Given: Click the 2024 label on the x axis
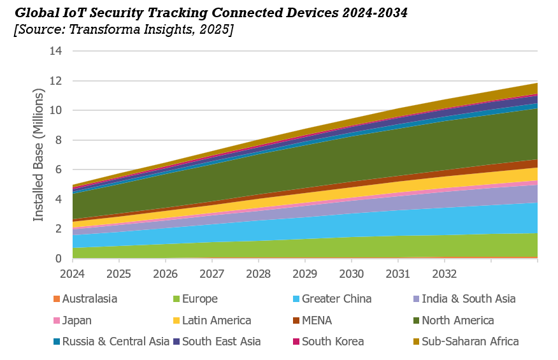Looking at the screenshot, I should coord(72,274).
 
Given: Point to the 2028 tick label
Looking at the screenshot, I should coord(258,274).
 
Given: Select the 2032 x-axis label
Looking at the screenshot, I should coord(444,274).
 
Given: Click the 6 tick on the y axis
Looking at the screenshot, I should coord(58,169).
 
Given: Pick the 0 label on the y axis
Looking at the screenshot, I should coord(58,259).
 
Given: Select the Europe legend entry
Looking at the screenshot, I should coord(199,299).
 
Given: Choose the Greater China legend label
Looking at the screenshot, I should coord(336,299).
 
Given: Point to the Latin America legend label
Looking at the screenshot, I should coord(217,320).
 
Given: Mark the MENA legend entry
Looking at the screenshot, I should coord(317,320).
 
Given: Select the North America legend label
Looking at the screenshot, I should coord(458,320).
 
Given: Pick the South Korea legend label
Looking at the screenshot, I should coord(333,342).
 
